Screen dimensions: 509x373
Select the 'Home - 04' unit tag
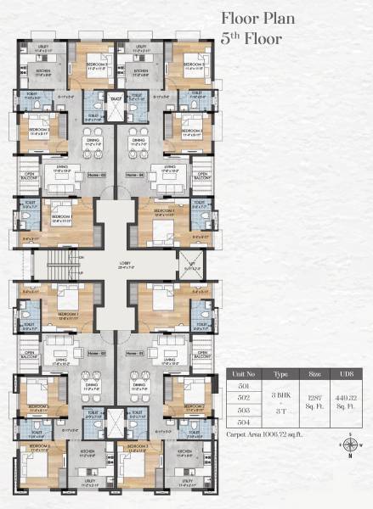pyautogui.click(x=134, y=175)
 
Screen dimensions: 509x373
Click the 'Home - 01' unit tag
pyautogui.click(x=134, y=352)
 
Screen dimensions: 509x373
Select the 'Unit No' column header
pyautogui.click(x=245, y=374)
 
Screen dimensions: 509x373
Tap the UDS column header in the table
pyautogui.click(x=346, y=374)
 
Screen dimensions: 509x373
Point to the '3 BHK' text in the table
pyautogui.click(x=280, y=395)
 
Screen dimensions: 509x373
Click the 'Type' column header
pyautogui.click(x=280, y=374)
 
